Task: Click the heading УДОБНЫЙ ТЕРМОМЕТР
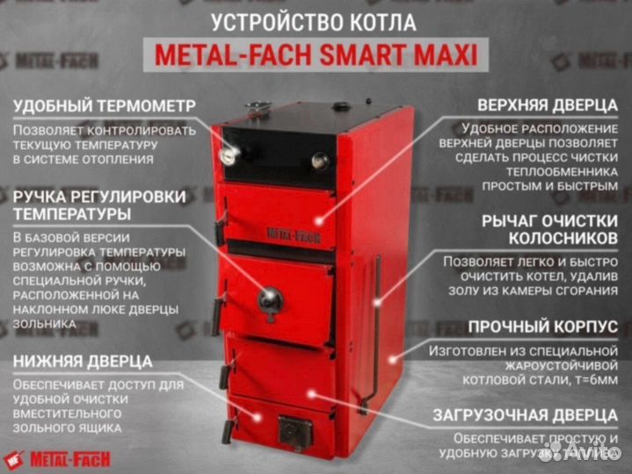(x=105, y=105)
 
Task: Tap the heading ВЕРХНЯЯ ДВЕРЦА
(x=540, y=105)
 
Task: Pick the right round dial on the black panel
(x=321, y=161)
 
